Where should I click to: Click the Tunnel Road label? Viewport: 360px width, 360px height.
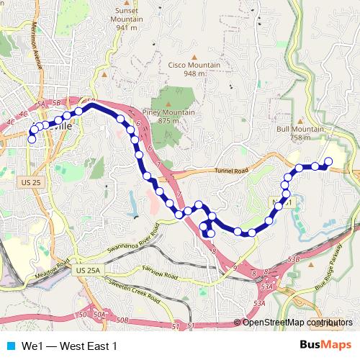click(231, 171)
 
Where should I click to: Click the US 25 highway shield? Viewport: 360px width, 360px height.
click(32, 183)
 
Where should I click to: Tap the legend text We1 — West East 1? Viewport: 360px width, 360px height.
click(69, 346)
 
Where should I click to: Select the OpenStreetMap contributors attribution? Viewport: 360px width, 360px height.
click(297, 323)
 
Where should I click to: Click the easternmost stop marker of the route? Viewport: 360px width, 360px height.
click(329, 161)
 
